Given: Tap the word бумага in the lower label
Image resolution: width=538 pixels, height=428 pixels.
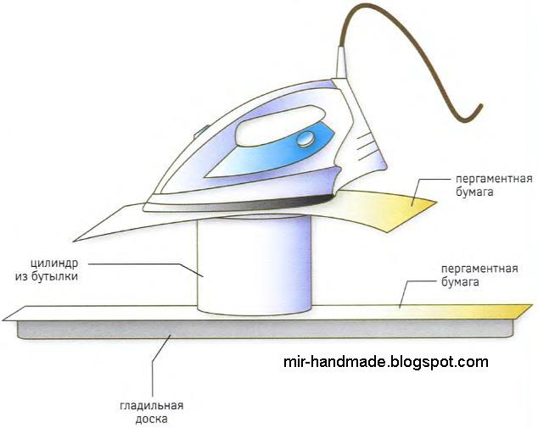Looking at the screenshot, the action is point(463,281).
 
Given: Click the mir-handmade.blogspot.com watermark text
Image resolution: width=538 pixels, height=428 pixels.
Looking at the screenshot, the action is point(385,362).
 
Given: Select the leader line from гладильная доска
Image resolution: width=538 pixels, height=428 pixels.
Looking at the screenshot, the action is point(156,364).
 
